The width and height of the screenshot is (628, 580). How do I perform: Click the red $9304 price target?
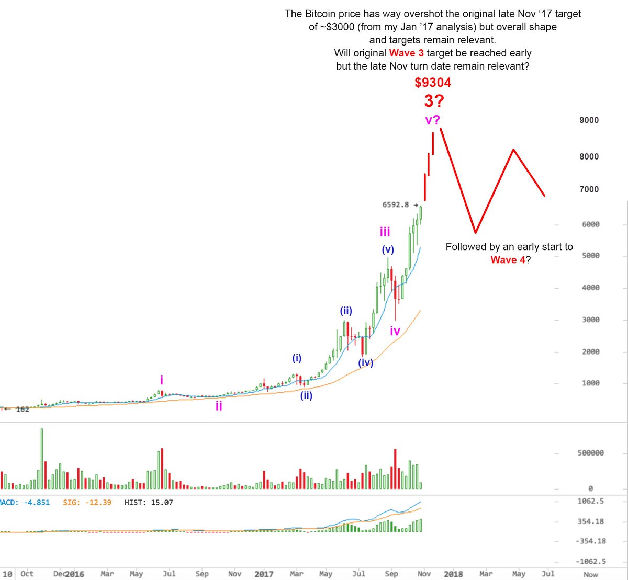[x=433, y=83]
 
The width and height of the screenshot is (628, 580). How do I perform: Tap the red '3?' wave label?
[x=433, y=101]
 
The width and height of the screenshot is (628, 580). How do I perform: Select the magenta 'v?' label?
[x=432, y=120]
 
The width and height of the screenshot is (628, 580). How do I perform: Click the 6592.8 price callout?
[x=396, y=205]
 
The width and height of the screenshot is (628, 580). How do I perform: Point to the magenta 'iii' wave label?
[x=385, y=232]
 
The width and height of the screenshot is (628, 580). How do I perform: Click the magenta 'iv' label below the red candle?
[x=395, y=331]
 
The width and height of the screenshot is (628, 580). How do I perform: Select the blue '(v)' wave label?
[x=388, y=250]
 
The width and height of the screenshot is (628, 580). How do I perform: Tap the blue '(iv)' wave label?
[x=365, y=362]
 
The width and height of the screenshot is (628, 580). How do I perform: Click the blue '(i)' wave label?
[x=297, y=358]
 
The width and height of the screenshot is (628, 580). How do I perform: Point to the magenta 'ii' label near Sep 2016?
[x=219, y=406]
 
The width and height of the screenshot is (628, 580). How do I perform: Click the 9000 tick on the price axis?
[x=589, y=120]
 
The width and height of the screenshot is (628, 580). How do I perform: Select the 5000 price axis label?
[x=590, y=256]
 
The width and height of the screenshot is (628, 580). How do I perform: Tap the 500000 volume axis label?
[x=590, y=453]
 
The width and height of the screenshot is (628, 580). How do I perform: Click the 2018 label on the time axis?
[x=453, y=574]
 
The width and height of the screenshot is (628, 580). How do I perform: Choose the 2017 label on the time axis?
[x=264, y=574]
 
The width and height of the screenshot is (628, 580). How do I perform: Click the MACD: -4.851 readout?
[x=25, y=503]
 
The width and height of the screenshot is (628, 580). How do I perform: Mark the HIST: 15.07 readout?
[x=149, y=503]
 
